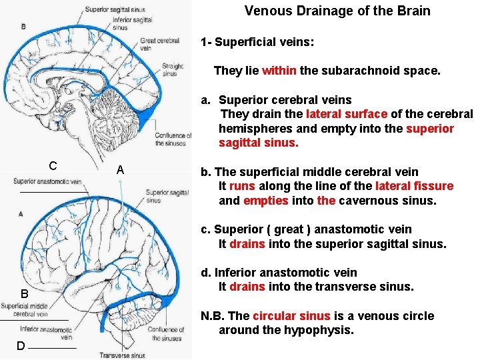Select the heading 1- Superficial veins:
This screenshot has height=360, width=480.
257,42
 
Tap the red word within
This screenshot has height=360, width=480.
279,71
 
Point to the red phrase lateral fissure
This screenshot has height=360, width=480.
414,186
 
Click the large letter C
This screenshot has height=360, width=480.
53,166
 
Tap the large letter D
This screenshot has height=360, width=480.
21,345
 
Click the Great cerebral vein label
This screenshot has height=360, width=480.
159,45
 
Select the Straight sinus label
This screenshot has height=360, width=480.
170,70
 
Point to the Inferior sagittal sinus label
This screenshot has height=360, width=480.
133,24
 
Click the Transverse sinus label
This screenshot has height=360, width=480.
123,355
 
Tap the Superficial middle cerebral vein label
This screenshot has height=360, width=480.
25,310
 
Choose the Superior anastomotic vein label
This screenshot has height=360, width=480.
47,181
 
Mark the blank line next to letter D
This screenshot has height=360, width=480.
53,348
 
